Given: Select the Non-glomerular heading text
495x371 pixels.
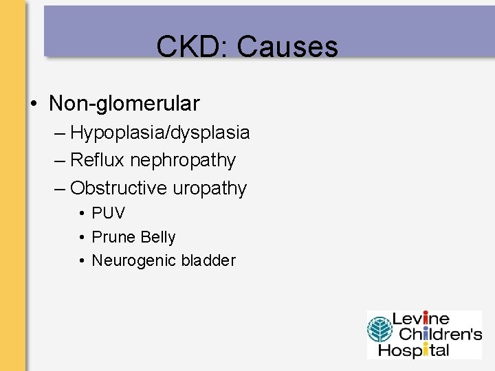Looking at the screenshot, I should (124, 104).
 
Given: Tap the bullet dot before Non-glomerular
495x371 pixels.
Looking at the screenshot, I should (34, 104).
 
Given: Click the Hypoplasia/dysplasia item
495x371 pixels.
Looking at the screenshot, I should (159, 132).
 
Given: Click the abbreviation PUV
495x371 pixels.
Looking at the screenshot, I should (109, 214).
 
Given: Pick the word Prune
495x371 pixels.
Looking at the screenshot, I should (113, 237).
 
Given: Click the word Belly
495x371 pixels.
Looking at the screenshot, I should (157, 237).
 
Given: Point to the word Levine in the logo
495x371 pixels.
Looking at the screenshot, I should (420, 319).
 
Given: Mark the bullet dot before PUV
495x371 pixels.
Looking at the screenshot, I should (81, 214).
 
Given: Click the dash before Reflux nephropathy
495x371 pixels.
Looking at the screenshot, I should (60, 161).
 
